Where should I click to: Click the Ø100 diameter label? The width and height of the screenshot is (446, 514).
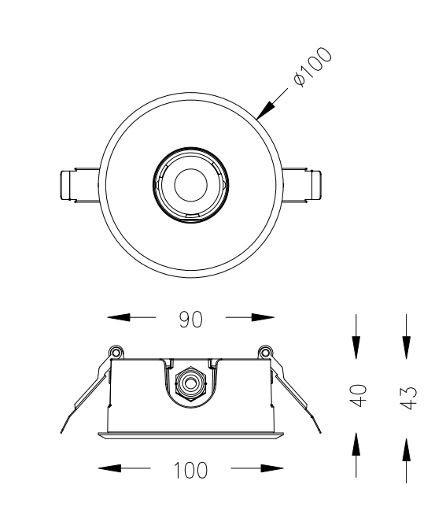(313, 67)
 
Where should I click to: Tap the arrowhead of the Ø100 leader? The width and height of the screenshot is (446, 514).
(265, 110)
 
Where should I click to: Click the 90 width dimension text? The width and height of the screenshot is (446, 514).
(190, 320)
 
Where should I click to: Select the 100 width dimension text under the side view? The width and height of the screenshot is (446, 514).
(190, 470)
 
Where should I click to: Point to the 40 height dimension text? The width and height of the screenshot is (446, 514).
(358, 395)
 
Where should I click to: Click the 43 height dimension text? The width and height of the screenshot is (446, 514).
(408, 398)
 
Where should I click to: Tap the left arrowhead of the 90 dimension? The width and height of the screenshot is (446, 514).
(118, 317)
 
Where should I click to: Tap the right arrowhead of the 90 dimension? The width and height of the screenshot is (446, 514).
(263, 317)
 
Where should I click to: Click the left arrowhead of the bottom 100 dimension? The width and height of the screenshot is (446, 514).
(109, 468)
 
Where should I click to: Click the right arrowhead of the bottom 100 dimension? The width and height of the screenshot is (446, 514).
(272, 468)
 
